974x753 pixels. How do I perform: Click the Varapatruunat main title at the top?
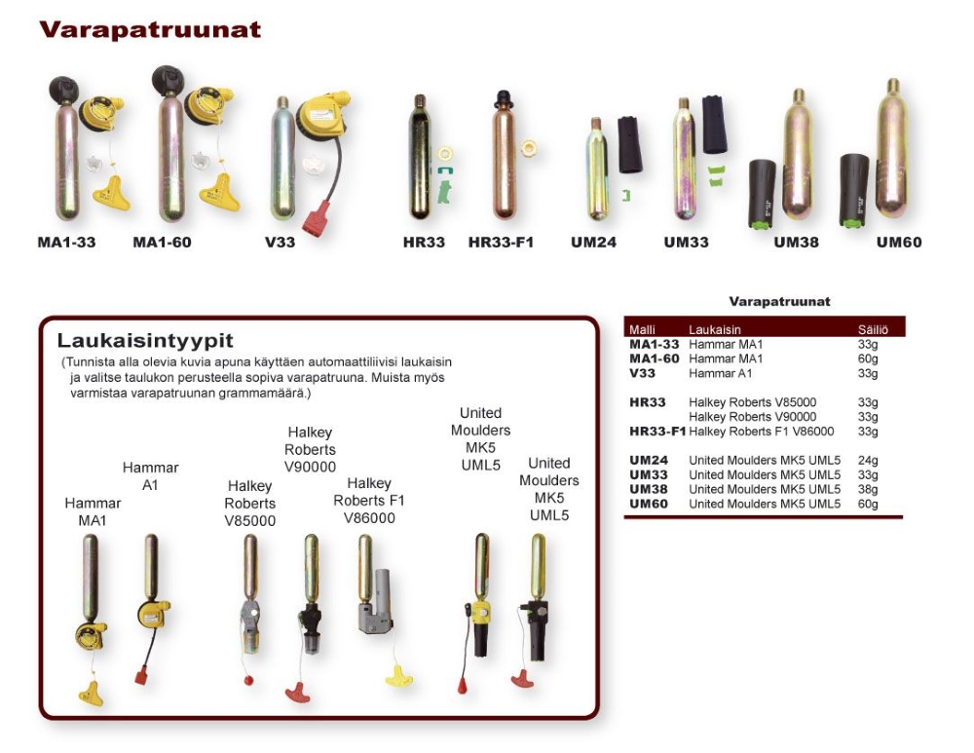[150, 30]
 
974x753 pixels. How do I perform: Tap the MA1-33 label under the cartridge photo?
[66, 243]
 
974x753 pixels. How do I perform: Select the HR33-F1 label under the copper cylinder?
[501, 243]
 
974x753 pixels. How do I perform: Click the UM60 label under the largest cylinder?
[899, 243]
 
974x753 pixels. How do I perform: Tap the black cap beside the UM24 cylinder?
[628, 145]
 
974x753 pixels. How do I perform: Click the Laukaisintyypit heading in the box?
[145, 341]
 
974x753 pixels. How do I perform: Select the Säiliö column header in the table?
[873, 330]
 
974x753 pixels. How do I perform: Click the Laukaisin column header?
[714, 330]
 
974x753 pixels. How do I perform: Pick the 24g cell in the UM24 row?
[868, 461]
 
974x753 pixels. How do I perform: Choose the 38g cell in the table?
[868, 490]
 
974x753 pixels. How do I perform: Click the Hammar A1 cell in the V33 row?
[720, 373]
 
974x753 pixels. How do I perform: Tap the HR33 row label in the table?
[648, 402]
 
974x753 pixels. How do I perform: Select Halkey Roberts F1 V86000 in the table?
[762, 432]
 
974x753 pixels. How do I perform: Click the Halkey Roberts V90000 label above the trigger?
[310, 449]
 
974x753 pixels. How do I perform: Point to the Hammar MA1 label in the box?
[93, 511]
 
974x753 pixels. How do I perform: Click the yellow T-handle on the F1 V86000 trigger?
[398, 676]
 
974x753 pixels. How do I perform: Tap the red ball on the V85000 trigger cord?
[248, 680]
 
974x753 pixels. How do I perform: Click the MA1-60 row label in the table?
[655, 359]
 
